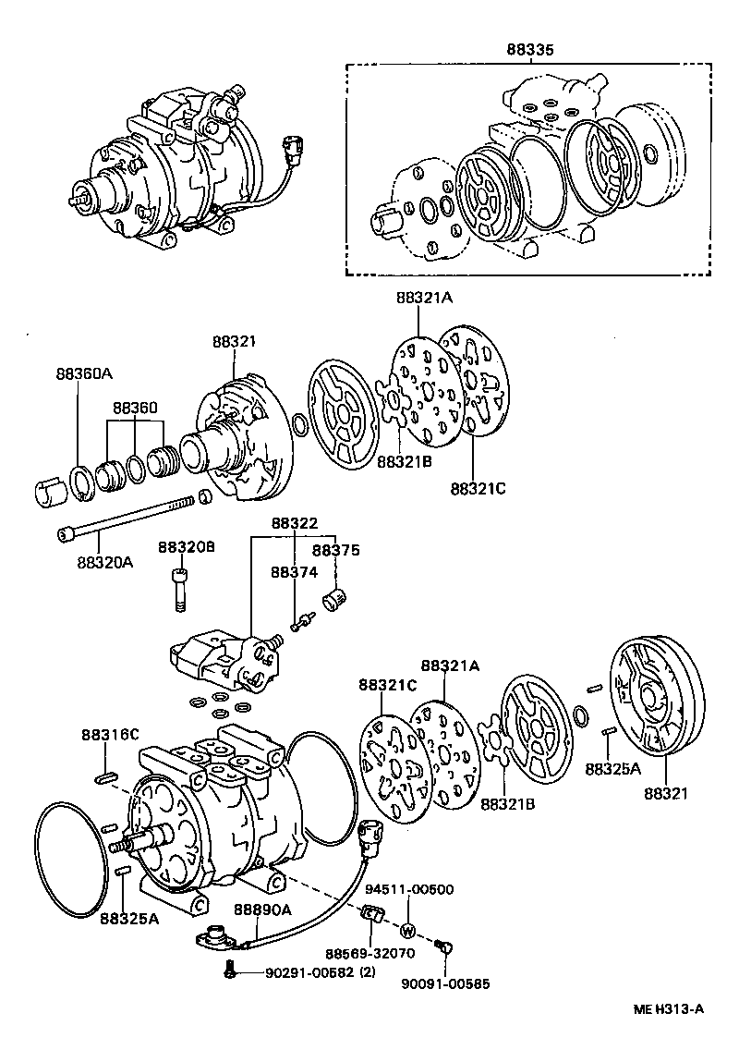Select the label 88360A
[83, 373]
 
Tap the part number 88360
[136, 407]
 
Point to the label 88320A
[104, 561]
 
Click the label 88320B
[186, 547]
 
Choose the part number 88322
[294, 522]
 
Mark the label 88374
[294, 572]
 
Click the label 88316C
[109, 735]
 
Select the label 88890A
[262, 910]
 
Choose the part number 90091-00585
[445, 985]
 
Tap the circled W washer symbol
[409, 930]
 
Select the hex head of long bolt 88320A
[65, 534]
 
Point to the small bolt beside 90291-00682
[231, 971]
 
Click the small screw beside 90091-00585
[444, 946]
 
